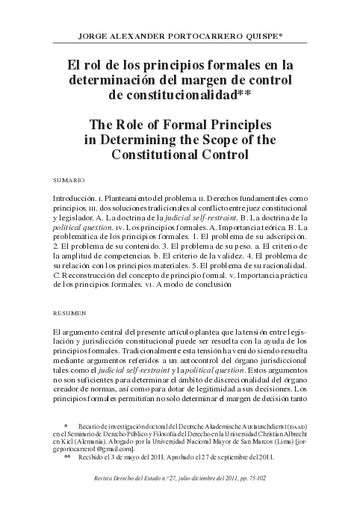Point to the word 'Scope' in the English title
(x=217, y=139)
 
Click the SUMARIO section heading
(x=69, y=182)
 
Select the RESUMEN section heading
(x=69, y=312)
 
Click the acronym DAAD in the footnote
(x=295, y=426)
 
